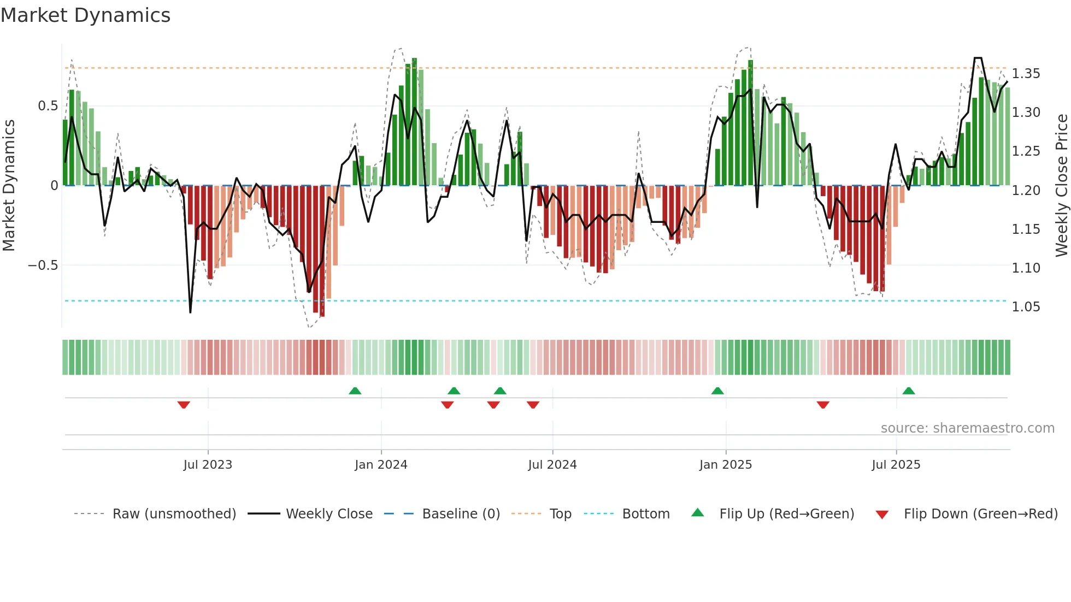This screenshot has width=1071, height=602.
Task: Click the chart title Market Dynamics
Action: point(85,15)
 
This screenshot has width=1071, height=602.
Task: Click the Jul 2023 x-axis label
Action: point(208,465)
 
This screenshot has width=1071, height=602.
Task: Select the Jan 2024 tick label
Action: point(381,465)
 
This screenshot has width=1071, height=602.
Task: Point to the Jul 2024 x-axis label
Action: point(552,465)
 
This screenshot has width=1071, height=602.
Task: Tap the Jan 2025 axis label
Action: point(725,465)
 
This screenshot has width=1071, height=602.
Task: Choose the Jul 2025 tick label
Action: point(896,465)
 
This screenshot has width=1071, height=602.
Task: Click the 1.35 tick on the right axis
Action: point(1026,74)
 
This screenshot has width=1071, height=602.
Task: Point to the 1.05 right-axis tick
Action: point(1026,307)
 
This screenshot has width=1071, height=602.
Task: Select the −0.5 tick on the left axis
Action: point(43,265)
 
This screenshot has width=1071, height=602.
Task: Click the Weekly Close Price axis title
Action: point(1061,185)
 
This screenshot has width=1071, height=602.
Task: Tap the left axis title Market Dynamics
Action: point(9,185)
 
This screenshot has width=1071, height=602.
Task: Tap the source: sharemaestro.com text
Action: point(967,428)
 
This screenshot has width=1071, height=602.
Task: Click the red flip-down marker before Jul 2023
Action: point(184,405)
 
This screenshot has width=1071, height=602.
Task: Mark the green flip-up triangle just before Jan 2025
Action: point(717,391)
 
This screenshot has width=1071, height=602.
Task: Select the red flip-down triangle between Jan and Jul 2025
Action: point(823,405)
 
